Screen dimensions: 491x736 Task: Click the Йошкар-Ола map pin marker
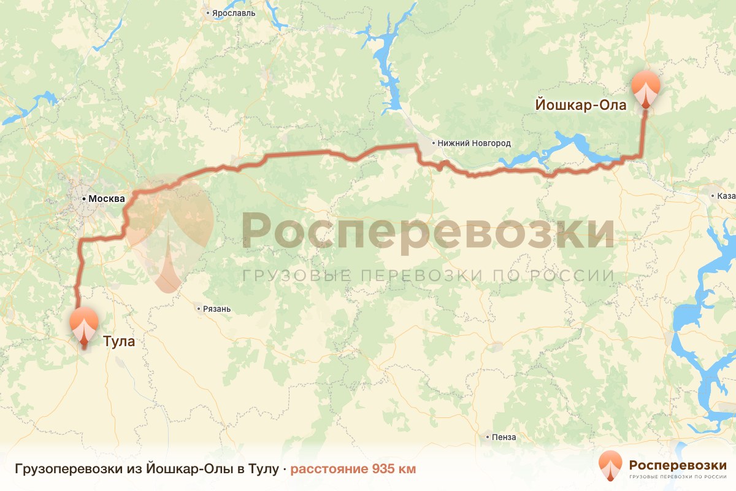(x=646, y=89)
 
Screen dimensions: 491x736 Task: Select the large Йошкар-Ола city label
(x=581, y=105)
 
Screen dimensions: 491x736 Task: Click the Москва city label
(x=107, y=199)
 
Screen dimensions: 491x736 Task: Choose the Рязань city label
(x=217, y=309)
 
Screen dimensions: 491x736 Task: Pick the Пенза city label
(x=504, y=438)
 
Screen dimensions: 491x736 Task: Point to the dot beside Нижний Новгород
(x=434, y=143)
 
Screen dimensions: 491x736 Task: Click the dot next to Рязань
(x=199, y=309)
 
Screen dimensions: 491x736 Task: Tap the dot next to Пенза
(x=487, y=438)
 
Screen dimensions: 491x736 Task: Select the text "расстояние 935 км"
(x=353, y=470)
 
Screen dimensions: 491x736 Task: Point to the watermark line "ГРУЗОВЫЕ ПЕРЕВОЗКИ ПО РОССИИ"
(x=427, y=276)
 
